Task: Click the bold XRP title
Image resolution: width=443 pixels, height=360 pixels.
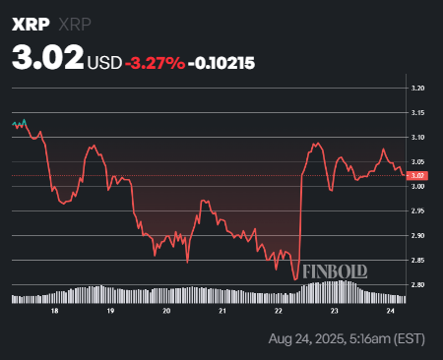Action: [32, 23]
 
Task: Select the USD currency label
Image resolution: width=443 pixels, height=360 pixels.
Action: [105, 62]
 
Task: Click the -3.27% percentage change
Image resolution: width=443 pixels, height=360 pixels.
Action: [156, 62]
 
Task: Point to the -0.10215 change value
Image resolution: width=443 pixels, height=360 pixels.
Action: [223, 62]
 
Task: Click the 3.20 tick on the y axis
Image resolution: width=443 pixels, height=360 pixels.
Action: [418, 89]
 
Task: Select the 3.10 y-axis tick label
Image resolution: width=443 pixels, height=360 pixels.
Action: [418, 137]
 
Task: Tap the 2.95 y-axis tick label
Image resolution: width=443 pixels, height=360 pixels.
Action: [418, 210]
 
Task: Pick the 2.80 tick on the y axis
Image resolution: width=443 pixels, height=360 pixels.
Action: [418, 285]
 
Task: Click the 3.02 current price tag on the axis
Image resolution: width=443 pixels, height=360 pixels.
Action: [418, 176]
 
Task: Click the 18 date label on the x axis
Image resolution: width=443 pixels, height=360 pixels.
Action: [55, 310]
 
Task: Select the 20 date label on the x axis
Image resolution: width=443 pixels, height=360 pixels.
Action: [166, 310]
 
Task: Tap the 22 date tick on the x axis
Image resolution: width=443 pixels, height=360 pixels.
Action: [279, 310]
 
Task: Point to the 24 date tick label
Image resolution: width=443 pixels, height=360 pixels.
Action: [391, 310]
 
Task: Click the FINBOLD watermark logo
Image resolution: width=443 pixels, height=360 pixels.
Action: [335, 270]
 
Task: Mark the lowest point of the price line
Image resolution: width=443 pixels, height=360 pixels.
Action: [294, 279]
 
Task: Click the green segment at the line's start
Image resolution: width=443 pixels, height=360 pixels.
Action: [19, 124]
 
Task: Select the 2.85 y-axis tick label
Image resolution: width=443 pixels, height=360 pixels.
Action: [418, 261]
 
